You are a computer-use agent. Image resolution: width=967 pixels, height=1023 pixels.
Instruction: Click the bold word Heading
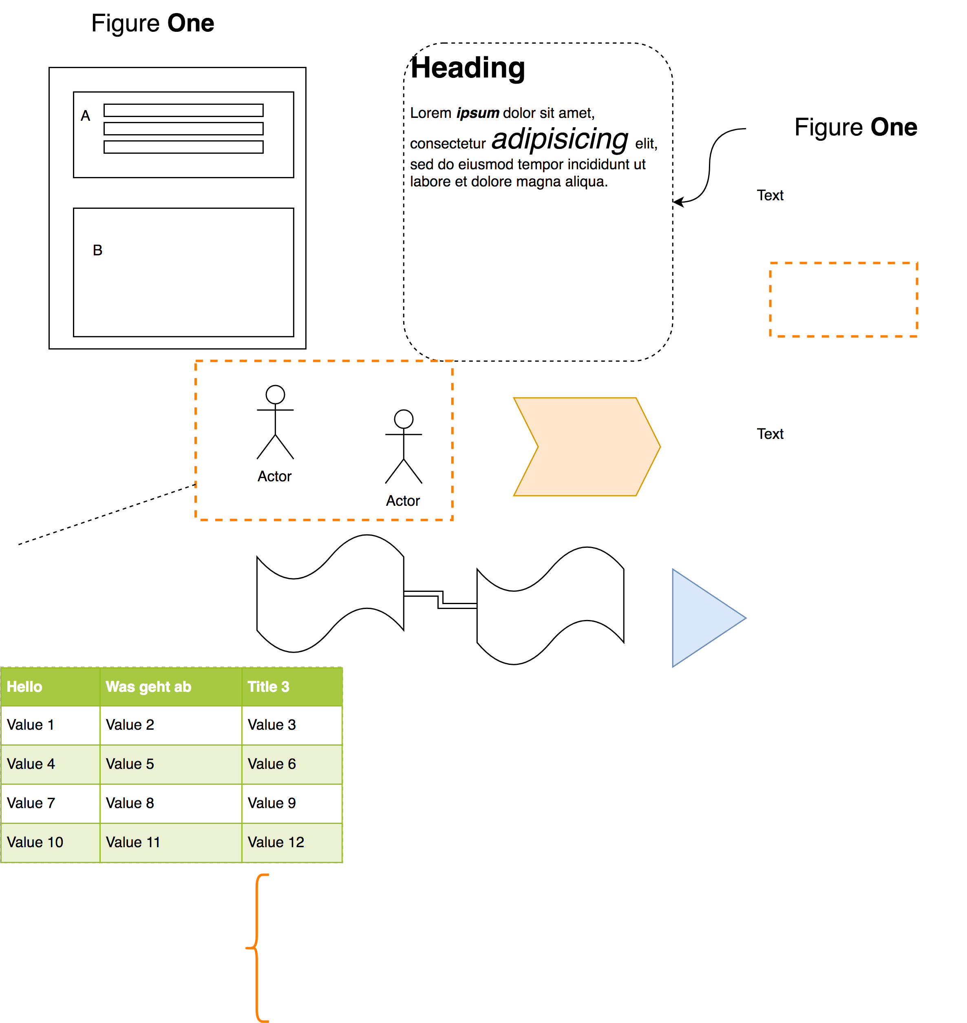[x=468, y=68]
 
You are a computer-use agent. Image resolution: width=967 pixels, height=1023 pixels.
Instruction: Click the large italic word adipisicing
[x=560, y=139]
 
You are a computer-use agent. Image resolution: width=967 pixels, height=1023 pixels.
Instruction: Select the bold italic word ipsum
[x=477, y=113]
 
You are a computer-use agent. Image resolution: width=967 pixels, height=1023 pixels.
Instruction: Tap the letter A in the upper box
[x=86, y=116]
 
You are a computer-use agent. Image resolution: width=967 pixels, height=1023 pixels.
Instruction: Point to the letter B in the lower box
[x=97, y=250]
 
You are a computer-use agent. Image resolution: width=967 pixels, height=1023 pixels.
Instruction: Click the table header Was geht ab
[x=148, y=687]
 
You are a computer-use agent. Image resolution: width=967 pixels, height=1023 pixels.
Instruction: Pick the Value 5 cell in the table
[x=130, y=764]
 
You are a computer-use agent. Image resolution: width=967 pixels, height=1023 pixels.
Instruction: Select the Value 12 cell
[x=276, y=843]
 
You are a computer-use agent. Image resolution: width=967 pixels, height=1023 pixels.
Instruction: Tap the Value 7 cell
[x=31, y=803]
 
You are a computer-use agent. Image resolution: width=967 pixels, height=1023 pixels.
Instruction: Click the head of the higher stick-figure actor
[x=275, y=394]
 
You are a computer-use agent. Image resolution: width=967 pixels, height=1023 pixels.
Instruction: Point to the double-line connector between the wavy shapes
[x=440, y=600]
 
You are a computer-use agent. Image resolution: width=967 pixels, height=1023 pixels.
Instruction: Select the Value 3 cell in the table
[x=272, y=725]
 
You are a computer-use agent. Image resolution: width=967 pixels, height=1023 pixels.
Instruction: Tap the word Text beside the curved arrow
[x=770, y=195]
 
